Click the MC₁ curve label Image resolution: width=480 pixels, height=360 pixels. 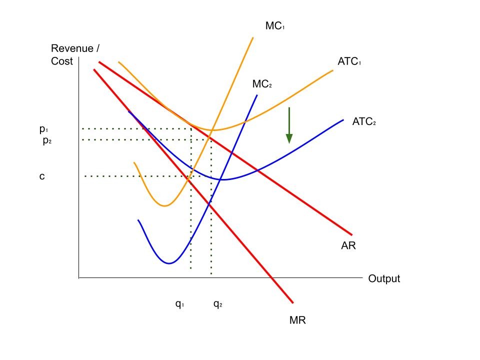pos(275,26)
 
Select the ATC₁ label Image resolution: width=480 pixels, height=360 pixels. pos(349,61)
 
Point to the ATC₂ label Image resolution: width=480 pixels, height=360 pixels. pos(363,121)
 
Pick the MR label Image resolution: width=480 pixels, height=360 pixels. pos(297,320)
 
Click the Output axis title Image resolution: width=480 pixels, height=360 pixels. pos(384,278)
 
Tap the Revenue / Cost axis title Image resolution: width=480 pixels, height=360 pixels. pos(72,55)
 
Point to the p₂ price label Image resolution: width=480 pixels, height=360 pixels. pos(47,140)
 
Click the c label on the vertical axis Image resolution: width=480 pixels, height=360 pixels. pos(42,176)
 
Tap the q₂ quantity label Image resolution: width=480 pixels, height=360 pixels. pos(217,303)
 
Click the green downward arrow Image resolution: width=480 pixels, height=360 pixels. pos(289,125)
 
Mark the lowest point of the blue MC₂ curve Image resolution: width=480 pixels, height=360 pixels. pos(170,263)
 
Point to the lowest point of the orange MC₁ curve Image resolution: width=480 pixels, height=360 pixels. pos(164,205)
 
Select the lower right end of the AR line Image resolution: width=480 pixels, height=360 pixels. pos(352,234)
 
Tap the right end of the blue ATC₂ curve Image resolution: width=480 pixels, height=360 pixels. pos(343,119)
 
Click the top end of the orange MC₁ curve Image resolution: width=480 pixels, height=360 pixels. pos(253,37)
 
